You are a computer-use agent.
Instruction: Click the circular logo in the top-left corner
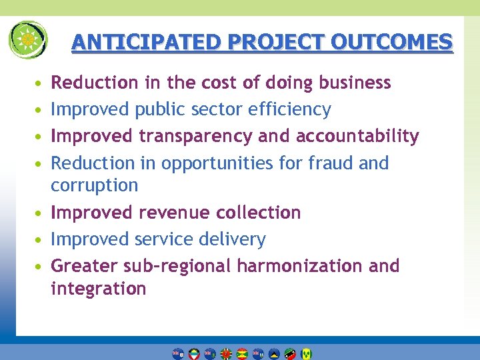tap(28, 40)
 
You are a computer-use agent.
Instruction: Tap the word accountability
tap(357, 136)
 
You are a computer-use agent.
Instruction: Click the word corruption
tap(95, 185)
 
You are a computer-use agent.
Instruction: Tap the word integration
tap(98, 289)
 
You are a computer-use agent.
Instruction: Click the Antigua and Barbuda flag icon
tap(194, 354)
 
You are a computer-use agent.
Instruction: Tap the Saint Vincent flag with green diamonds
tap(306, 354)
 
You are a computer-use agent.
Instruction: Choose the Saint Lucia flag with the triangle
tap(274, 354)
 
